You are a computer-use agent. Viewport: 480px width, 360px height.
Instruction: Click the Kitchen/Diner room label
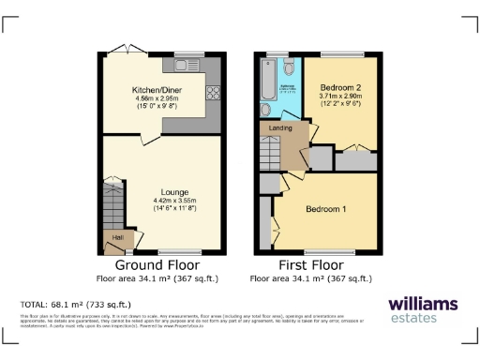coord(157,90)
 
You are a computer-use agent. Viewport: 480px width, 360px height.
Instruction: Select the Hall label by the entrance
coord(117,238)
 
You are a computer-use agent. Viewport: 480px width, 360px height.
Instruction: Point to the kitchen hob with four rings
coord(212,93)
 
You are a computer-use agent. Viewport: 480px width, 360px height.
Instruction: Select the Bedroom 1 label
coord(325,209)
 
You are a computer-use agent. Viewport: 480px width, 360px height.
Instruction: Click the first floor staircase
coord(270,148)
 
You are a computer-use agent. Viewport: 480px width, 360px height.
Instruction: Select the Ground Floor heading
coord(157,265)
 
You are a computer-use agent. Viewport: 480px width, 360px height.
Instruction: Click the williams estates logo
coord(423,309)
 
